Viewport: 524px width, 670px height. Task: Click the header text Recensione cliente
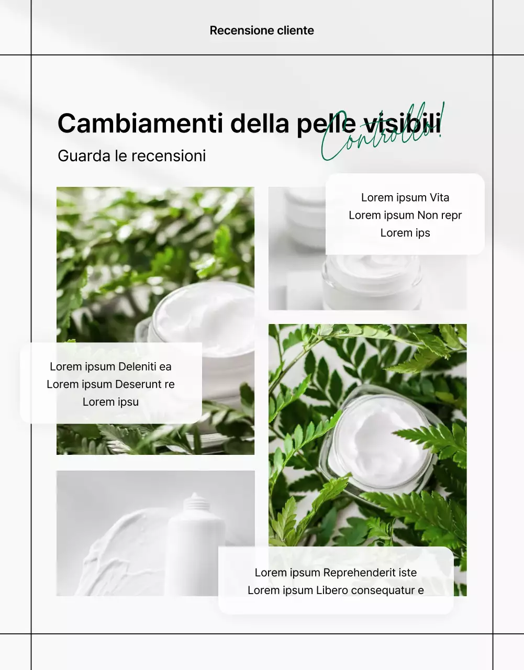click(262, 30)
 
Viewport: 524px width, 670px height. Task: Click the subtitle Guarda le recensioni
click(131, 155)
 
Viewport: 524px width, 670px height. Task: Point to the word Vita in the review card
click(439, 197)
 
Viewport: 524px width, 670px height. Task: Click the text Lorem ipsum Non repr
click(405, 215)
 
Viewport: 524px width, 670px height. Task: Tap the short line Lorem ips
click(405, 233)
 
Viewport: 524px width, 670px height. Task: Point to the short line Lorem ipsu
click(110, 402)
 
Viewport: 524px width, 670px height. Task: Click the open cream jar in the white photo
click(372, 280)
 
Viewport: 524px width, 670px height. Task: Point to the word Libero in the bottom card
click(332, 590)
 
